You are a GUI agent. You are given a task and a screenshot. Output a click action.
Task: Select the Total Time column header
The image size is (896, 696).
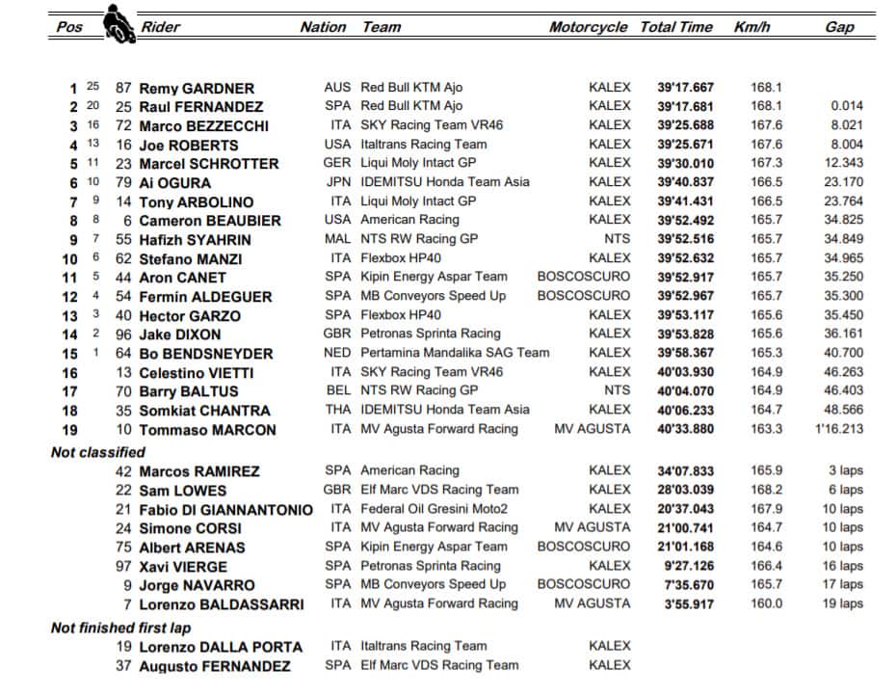coord(676,27)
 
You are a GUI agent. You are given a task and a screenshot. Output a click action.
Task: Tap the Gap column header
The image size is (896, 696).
coord(839,27)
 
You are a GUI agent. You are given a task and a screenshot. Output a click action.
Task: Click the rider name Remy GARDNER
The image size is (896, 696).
coord(197,88)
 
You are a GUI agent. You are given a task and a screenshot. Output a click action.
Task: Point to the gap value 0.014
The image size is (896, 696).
coord(847,106)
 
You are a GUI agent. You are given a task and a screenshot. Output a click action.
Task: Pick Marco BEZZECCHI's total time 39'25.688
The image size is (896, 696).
coord(686,125)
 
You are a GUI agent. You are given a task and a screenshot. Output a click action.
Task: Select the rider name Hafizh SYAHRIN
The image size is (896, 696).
coord(196,240)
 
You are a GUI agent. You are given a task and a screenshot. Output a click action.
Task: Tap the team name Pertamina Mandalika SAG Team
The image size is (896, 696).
coord(455,353)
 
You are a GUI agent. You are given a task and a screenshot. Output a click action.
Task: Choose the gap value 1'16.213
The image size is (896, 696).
coord(838,430)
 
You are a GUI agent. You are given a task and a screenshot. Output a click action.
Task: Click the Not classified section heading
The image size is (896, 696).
coord(98,452)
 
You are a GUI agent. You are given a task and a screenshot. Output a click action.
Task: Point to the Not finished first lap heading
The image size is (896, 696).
coord(120,628)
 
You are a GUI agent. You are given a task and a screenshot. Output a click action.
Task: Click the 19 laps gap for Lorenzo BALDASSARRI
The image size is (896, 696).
coord(843,603)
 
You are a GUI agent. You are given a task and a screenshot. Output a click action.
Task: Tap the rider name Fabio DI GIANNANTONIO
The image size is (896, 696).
coord(226,509)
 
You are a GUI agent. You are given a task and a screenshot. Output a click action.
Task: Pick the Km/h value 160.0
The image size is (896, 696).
coord(766,603)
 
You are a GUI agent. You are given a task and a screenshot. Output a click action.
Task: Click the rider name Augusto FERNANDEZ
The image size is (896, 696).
coord(214,666)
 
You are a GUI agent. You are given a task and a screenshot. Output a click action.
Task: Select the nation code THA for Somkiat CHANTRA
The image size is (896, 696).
coord(338,410)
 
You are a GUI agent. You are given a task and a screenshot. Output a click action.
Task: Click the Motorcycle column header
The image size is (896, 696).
coord(588,27)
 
